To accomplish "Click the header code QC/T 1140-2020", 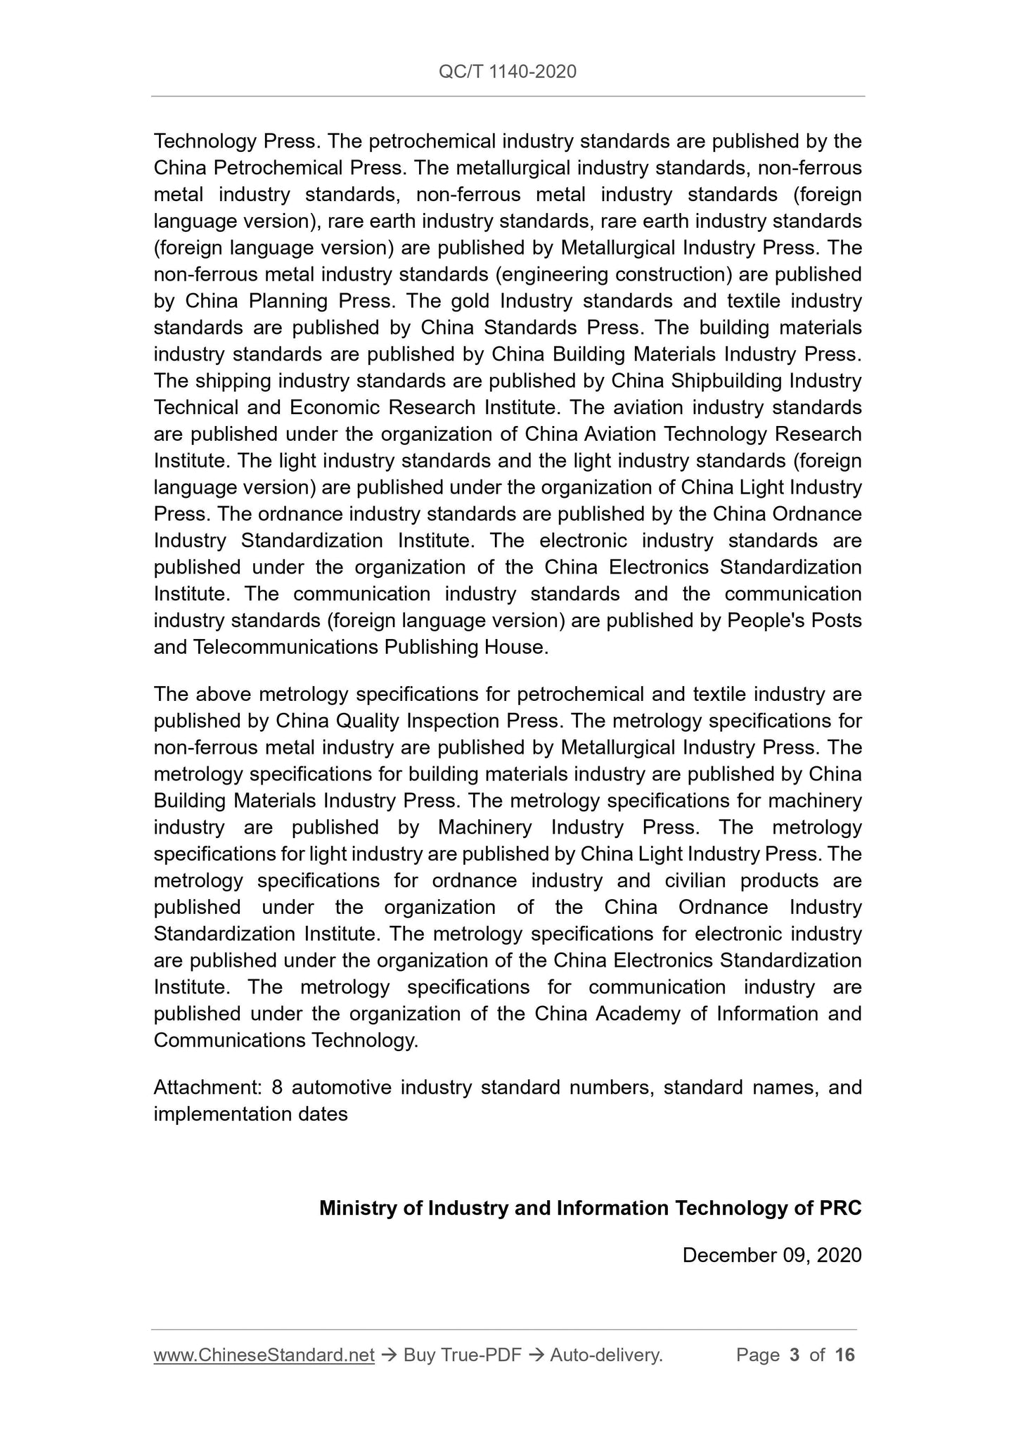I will (507, 71).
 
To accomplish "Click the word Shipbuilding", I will (726, 381).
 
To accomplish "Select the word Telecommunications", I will (285, 647).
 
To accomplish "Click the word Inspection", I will (454, 721).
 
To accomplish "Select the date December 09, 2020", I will (771, 1255).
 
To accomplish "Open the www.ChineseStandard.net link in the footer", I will (264, 1355).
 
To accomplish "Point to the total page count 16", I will (844, 1355).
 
